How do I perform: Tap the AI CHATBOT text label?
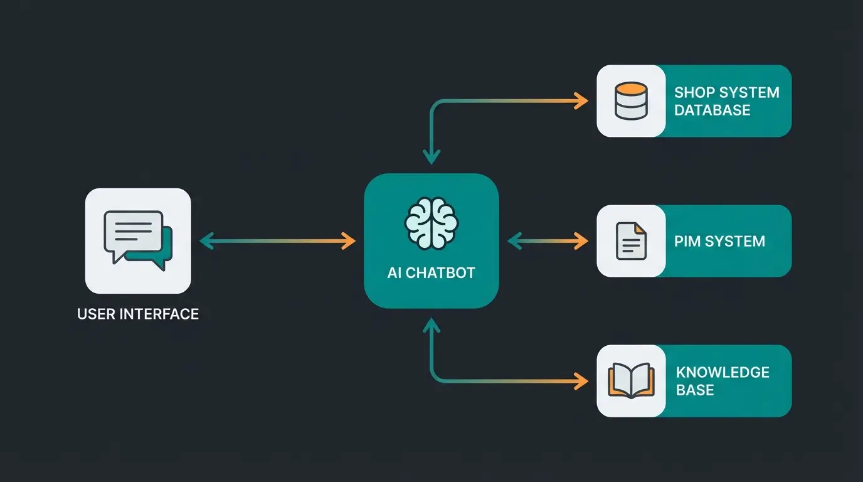(x=431, y=273)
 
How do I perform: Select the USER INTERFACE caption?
(x=138, y=314)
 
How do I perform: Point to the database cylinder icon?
(x=630, y=100)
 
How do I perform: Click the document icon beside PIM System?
(x=630, y=241)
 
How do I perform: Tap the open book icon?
(x=630, y=381)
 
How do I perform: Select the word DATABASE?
(x=712, y=110)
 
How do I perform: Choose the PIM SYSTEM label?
(x=719, y=241)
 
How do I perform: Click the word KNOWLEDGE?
(x=723, y=372)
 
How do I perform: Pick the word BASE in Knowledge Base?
(x=695, y=390)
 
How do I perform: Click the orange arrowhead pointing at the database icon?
(x=582, y=100)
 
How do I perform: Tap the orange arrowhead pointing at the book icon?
(x=582, y=380)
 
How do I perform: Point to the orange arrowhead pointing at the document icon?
(x=582, y=241)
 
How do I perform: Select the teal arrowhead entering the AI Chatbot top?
(x=431, y=158)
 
